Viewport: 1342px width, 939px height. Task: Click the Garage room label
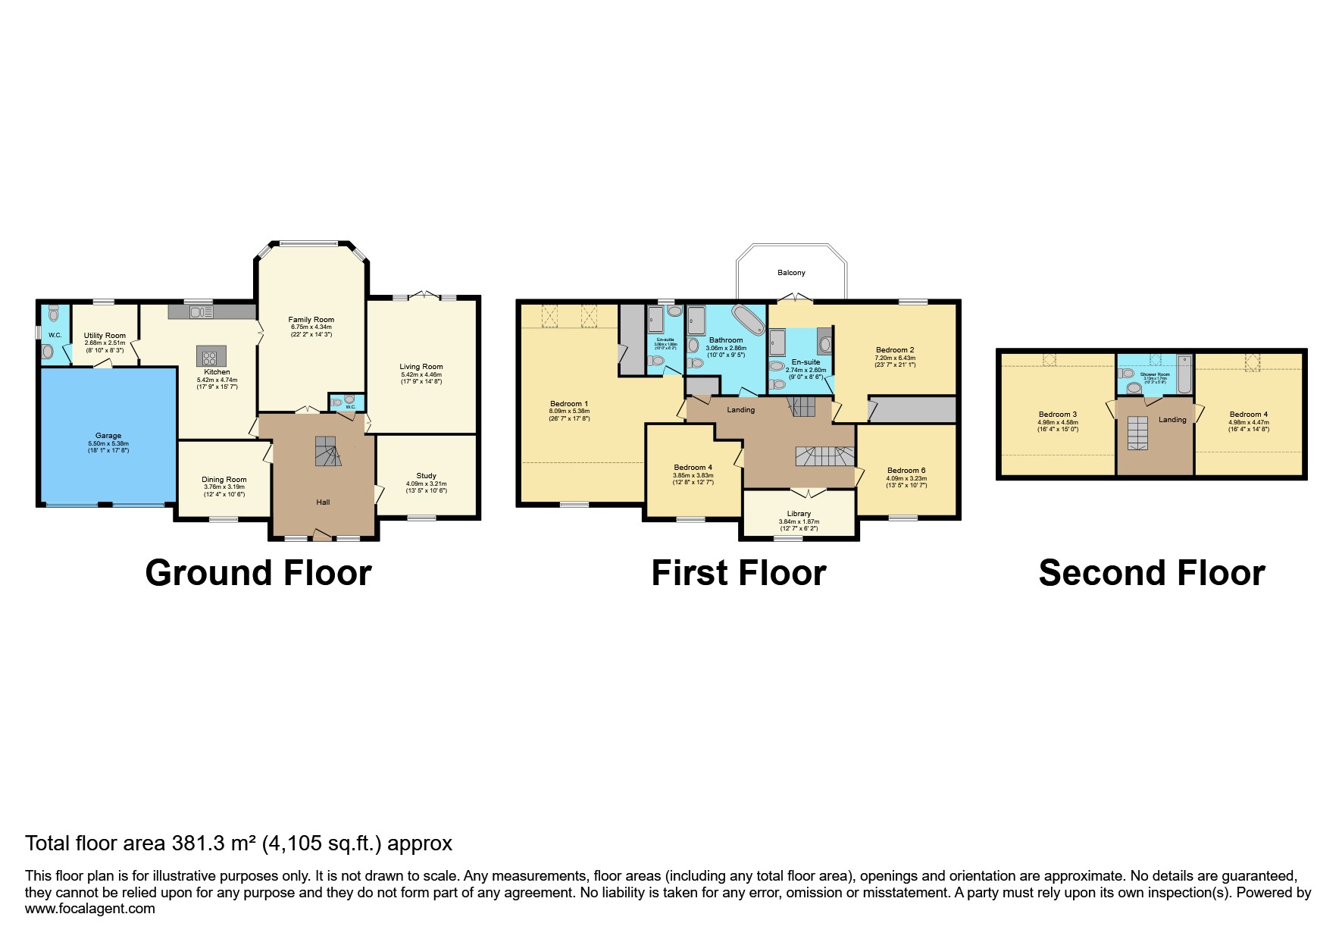pos(108,436)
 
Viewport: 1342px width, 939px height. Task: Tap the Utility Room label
pos(105,336)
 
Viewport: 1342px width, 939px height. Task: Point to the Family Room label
pos(311,320)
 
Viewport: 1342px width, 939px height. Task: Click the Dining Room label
pos(224,479)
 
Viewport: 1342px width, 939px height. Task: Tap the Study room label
pos(426,476)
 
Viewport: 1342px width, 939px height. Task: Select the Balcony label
pos(790,272)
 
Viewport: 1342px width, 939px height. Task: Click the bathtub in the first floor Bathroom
pos(748,320)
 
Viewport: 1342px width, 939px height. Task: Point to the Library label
pos(799,514)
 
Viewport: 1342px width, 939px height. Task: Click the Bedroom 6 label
pos(906,470)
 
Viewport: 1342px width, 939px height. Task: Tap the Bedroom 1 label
pos(569,404)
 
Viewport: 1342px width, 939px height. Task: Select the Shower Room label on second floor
pos(1155,374)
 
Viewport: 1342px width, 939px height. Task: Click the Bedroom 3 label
pos(1057,415)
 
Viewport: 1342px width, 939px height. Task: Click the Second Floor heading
pos(1151,574)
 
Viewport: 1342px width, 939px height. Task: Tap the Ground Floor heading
pos(258,574)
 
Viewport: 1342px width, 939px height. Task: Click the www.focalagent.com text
pos(89,909)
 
